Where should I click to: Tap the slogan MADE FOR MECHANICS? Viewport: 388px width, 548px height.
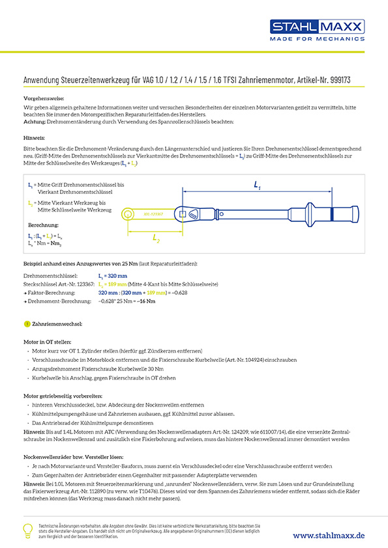[x=316, y=39]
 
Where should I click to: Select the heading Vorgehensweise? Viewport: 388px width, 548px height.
[x=41, y=98]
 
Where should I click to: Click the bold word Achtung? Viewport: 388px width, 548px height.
[x=35, y=122]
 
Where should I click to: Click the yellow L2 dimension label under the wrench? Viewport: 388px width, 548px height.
[x=156, y=238]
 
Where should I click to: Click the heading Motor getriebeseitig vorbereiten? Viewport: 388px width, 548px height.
[x=63, y=396]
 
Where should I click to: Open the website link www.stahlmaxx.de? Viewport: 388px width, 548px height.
[x=328, y=535]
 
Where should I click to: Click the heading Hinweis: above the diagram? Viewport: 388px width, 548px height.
[x=34, y=139]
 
